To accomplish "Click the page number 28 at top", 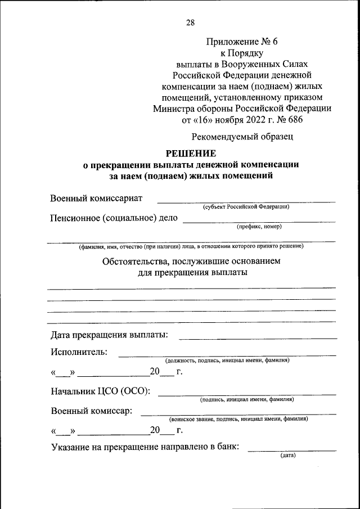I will (x=190, y=22).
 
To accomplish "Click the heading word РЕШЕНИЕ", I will (x=190, y=154).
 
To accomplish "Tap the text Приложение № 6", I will (x=242, y=42).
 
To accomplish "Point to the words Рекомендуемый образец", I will (x=242, y=136).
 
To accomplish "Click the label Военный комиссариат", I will (x=96, y=198).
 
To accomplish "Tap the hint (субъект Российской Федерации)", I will (x=246, y=207).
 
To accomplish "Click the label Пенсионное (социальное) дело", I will (x=114, y=218).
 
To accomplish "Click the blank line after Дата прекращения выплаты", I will (x=258, y=337).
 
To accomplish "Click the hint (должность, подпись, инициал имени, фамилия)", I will (x=227, y=360).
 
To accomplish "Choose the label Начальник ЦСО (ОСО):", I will (x=100, y=391).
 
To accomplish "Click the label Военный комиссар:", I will (x=91, y=411).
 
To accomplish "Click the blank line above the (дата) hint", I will (x=292, y=450).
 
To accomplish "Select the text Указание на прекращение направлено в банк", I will (x=145, y=447).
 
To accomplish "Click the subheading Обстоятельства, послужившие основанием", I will (x=191, y=262).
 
